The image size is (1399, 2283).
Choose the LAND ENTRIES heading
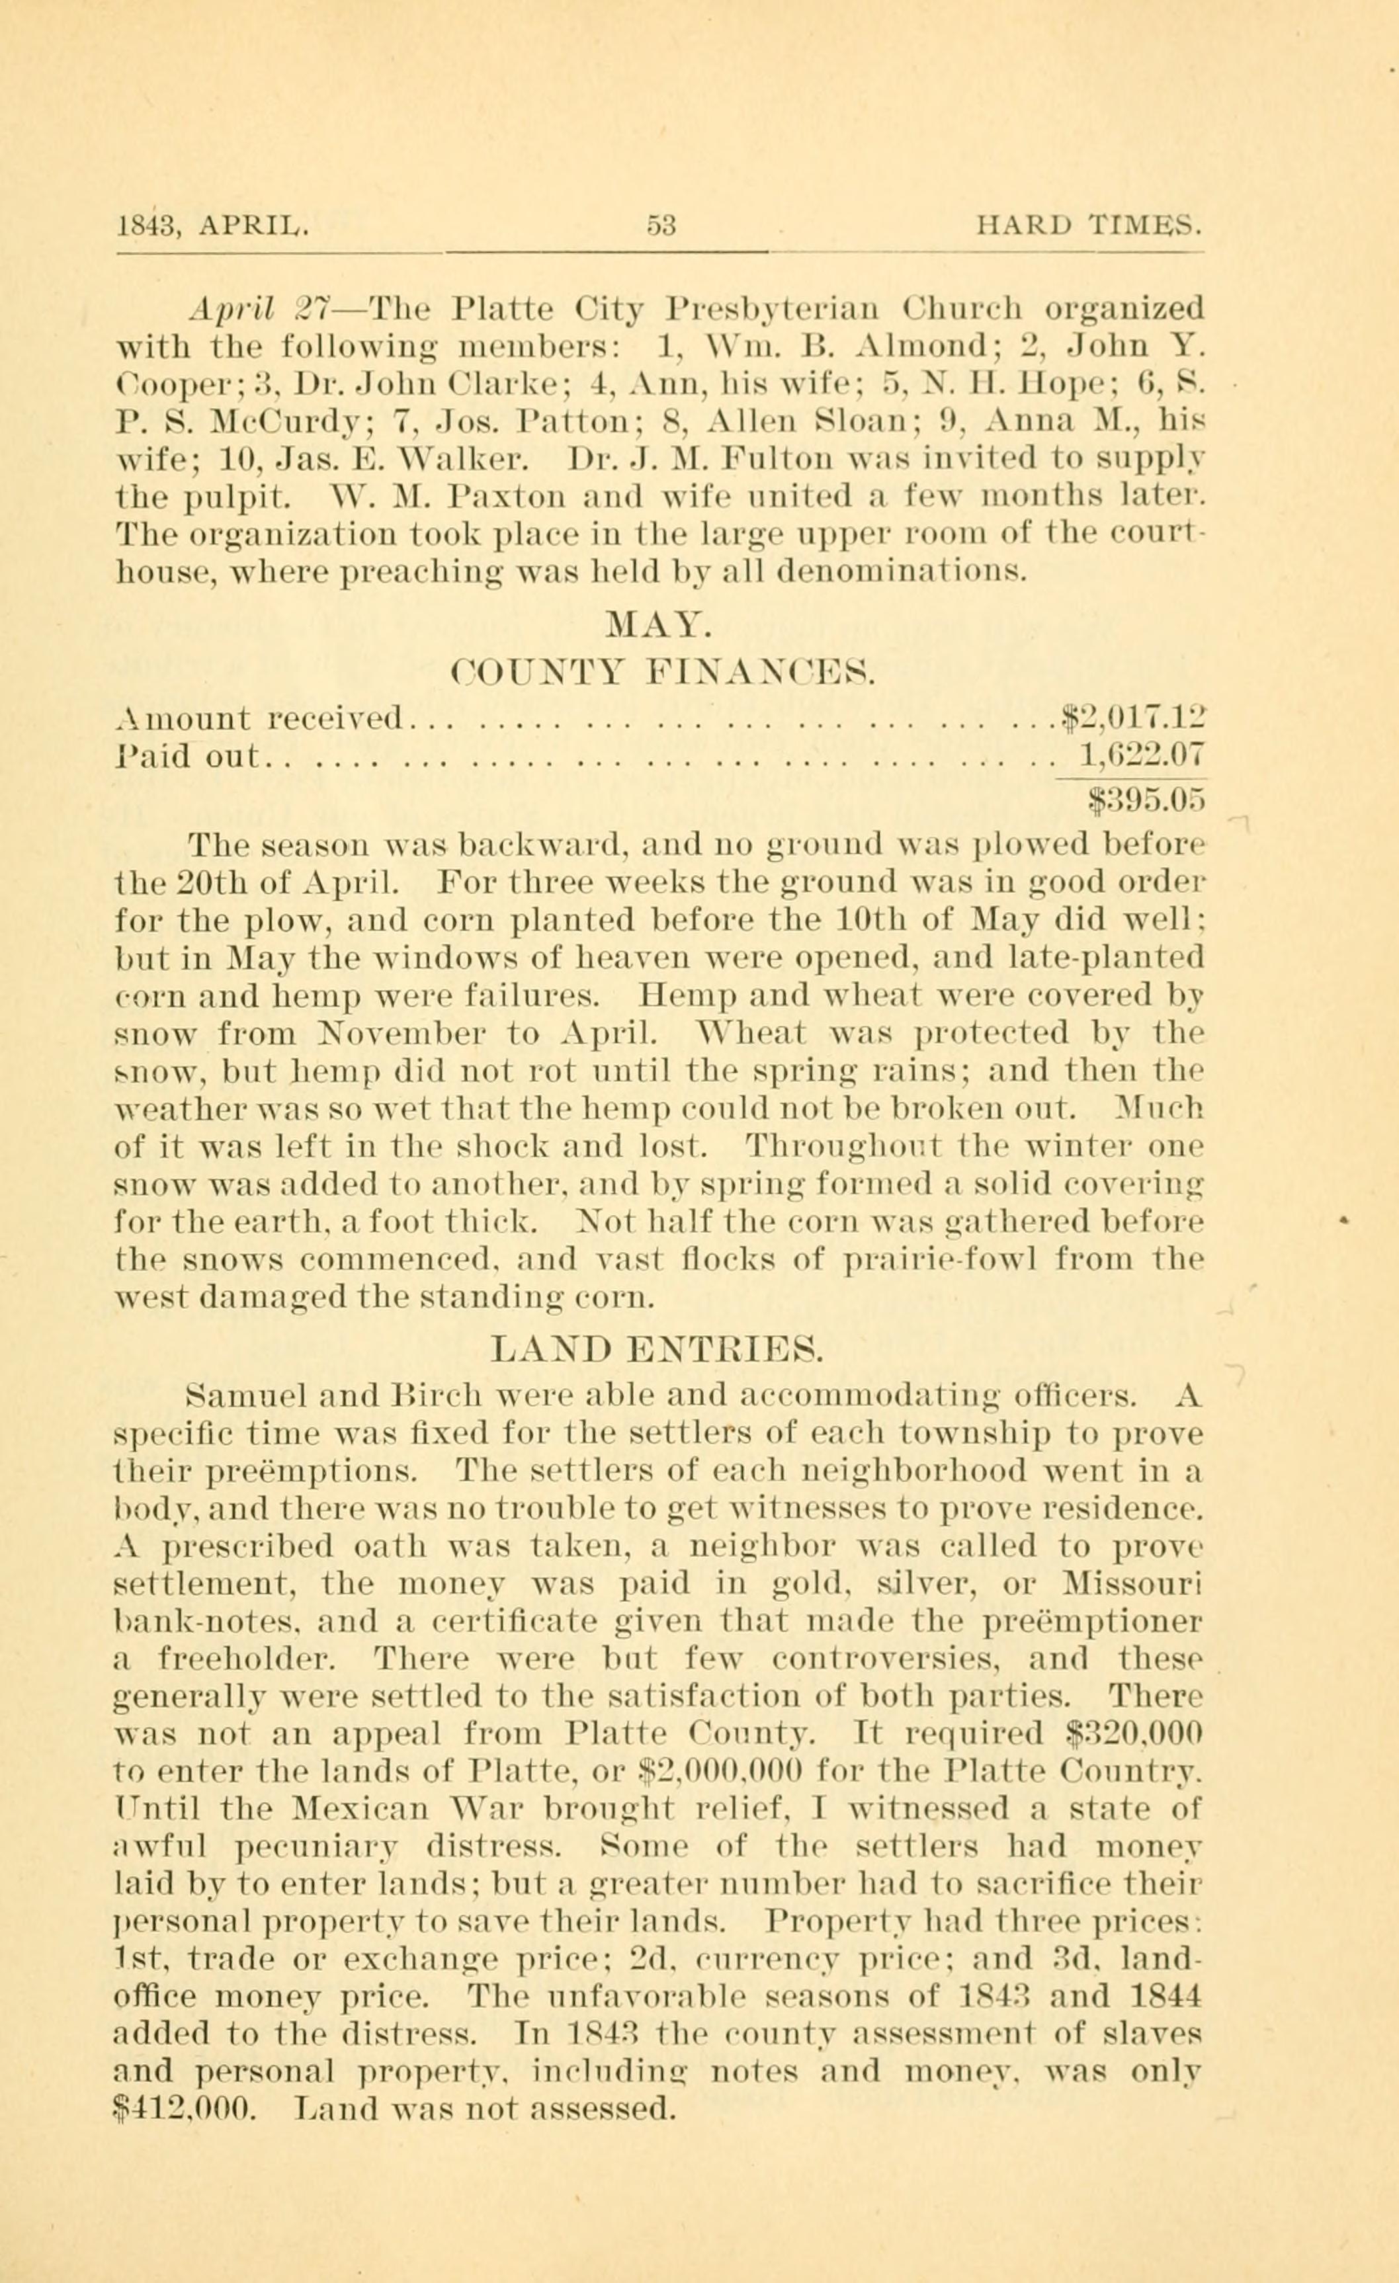click(657, 1348)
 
